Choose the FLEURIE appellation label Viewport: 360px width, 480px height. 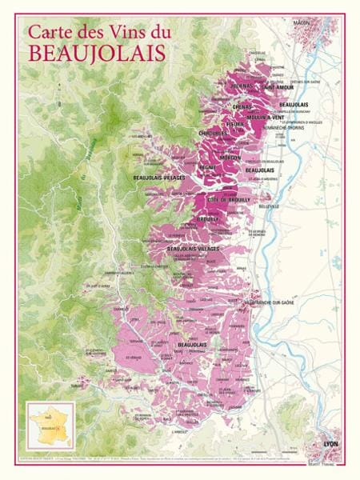click(x=235, y=125)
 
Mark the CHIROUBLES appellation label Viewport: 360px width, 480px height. click(x=212, y=133)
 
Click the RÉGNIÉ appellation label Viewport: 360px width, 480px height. click(x=208, y=167)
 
